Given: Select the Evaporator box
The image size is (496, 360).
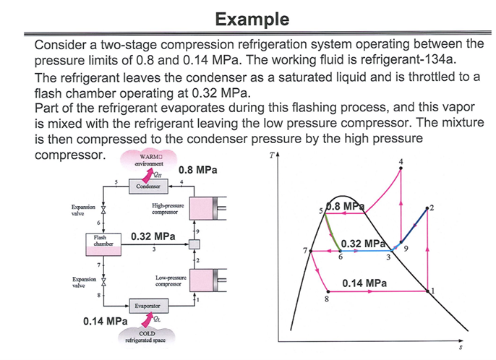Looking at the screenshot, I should click(147, 306).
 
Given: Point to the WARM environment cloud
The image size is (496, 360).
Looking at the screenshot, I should click(146, 160).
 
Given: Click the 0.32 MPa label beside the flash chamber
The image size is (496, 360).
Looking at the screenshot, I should click(153, 236).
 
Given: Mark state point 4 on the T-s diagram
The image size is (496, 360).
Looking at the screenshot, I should click(401, 168).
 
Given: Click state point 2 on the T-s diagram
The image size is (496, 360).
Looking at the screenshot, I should click(428, 209).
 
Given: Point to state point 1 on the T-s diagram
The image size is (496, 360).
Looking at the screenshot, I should click(429, 291).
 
